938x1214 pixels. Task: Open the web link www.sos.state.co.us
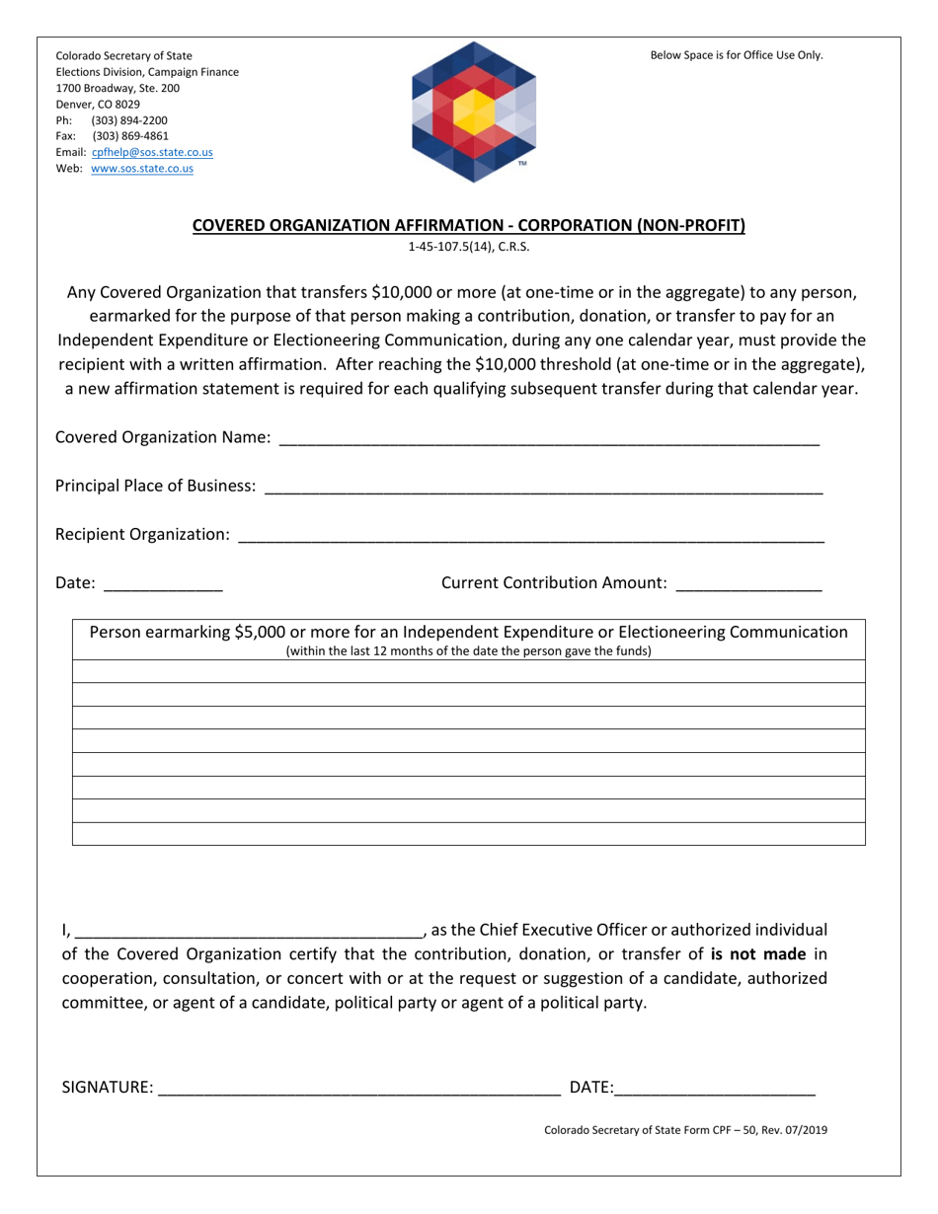pyautogui.click(x=141, y=169)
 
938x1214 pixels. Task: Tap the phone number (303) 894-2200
pyautogui.click(x=129, y=120)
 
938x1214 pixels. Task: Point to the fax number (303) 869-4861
pyautogui.click(x=129, y=136)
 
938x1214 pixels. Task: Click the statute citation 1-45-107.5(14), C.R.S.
pyautogui.click(x=469, y=248)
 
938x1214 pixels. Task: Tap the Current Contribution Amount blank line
pyautogui.click(x=748, y=585)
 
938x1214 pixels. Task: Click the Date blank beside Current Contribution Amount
pyautogui.click(x=163, y=585)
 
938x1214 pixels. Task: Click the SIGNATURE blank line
pyautogui.click(x=358, y=1090)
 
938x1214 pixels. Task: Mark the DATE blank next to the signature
pyautogui.click(x=715, y=1090)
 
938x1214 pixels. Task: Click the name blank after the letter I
pyautogui.click(x=249, y=932)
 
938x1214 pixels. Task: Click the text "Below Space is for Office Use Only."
pyautogui.click(x=736, y=55)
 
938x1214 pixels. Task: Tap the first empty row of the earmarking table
pyautogui.click(x=469, y=672)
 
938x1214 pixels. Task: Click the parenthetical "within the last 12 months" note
pyautogui.click(x=469, y=651)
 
